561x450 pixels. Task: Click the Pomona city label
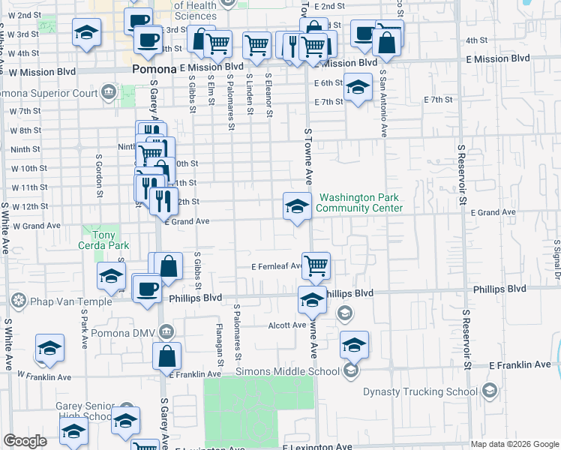(153, 68)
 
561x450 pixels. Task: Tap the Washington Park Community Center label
(360, 203)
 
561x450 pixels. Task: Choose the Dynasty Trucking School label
(420, 391)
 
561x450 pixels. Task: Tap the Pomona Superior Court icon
(109, 93)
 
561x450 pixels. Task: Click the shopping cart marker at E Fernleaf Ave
(316, 265)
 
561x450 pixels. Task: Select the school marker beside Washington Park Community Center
(297, 205)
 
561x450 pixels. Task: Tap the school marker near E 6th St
(358, 88)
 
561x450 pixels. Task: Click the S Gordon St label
(98, 176)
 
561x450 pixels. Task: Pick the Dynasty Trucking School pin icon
(489, 391)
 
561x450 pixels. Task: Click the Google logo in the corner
(25, 441)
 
